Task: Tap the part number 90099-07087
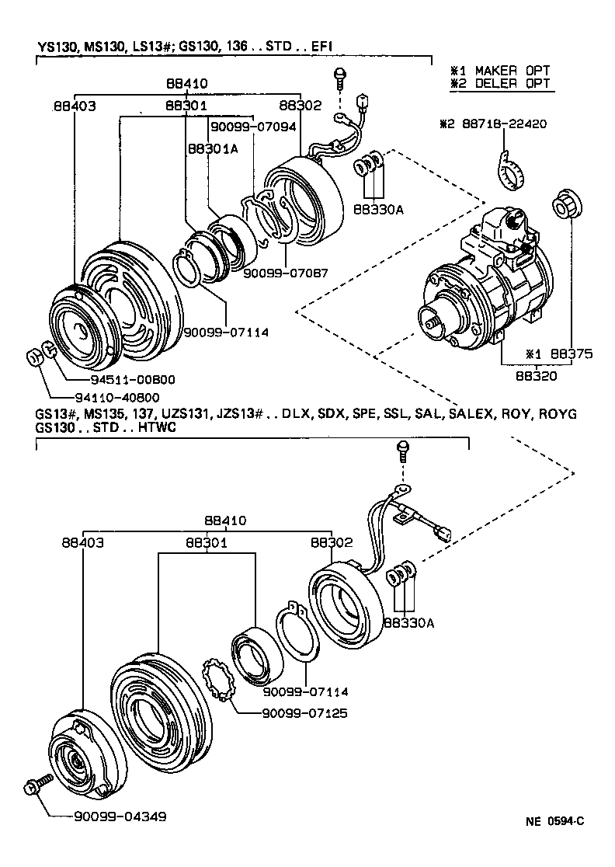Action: [x=285, y=273]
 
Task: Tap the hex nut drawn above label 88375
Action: [x=562, y=205]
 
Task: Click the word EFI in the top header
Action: [x=321, y=47]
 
